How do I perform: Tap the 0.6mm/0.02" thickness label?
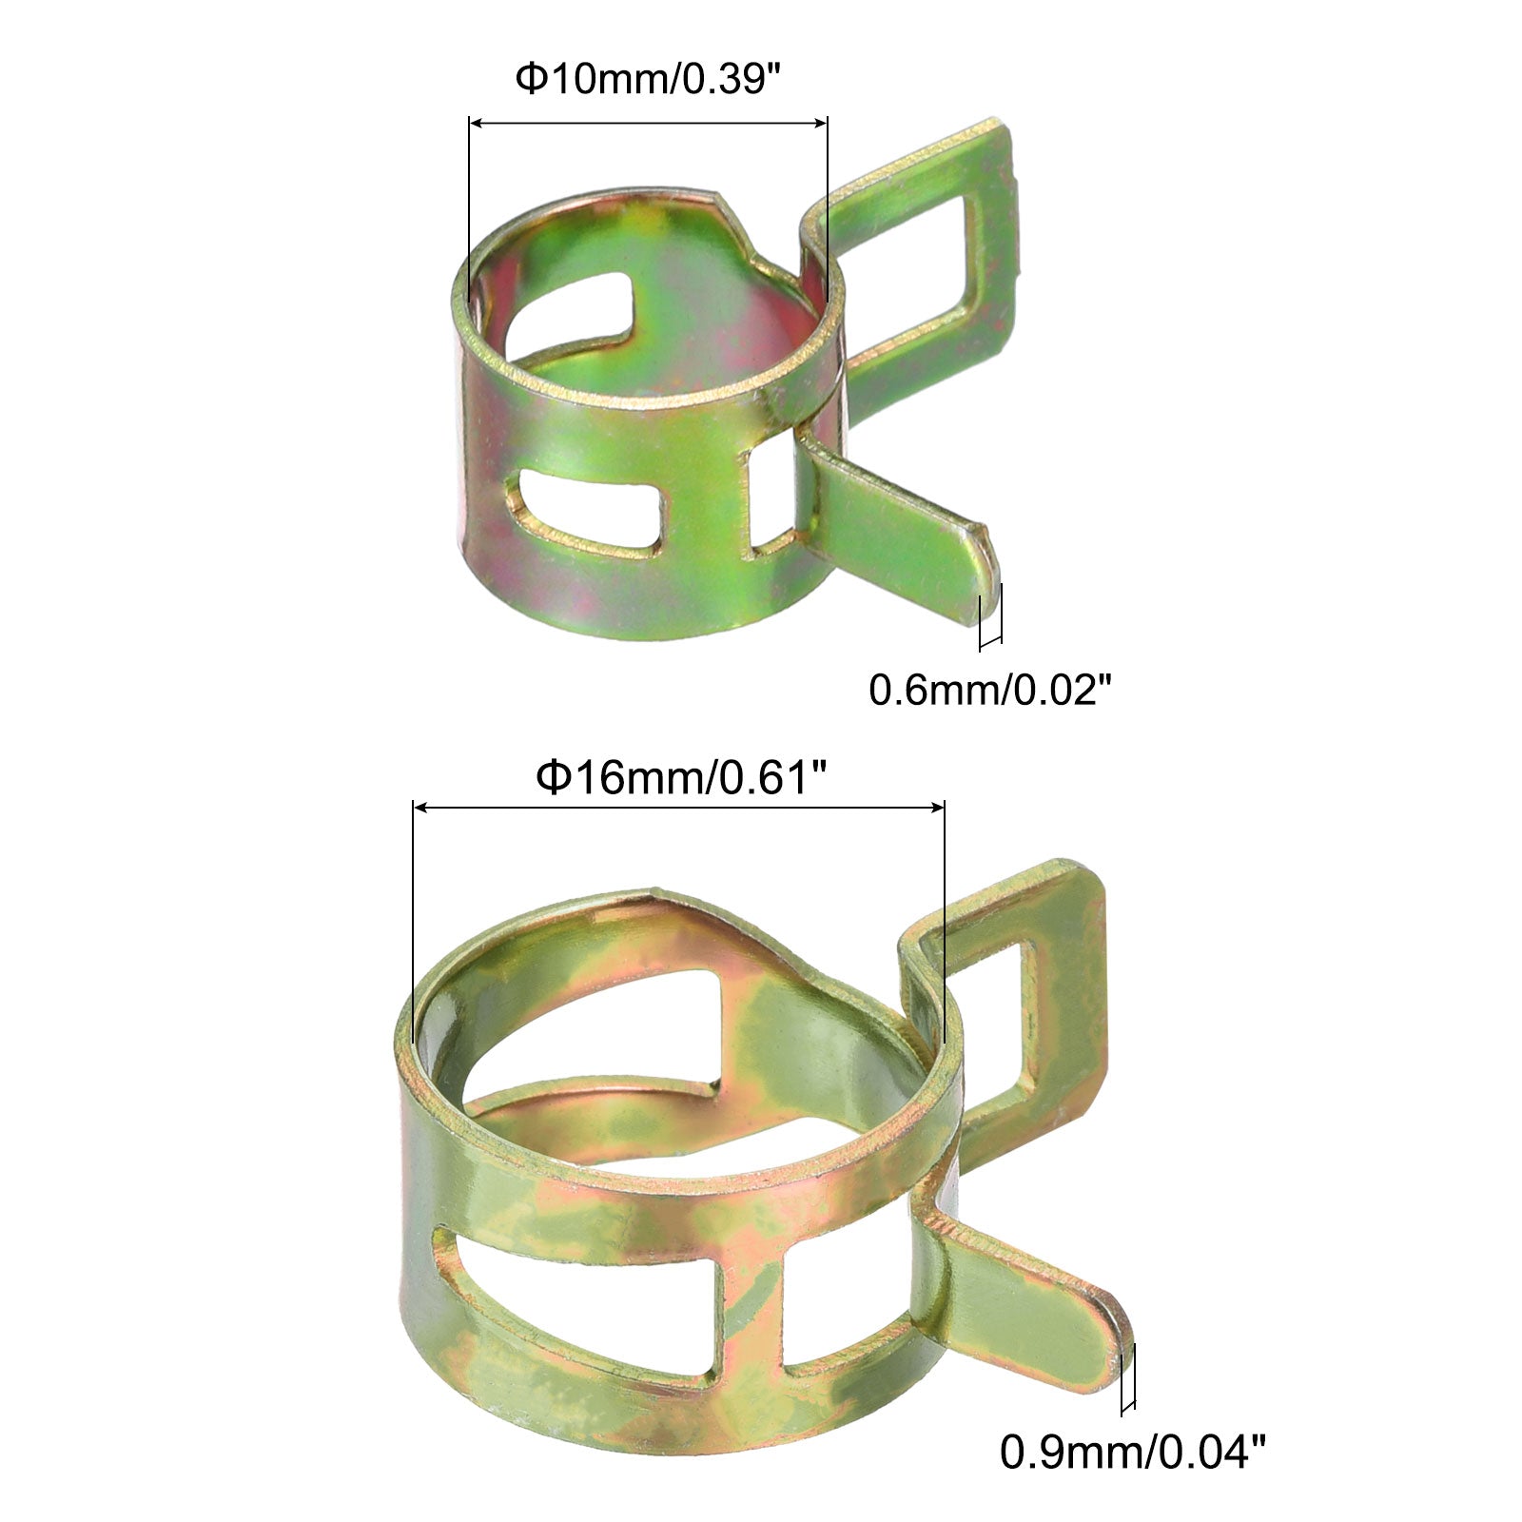click(x=990, y=689)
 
